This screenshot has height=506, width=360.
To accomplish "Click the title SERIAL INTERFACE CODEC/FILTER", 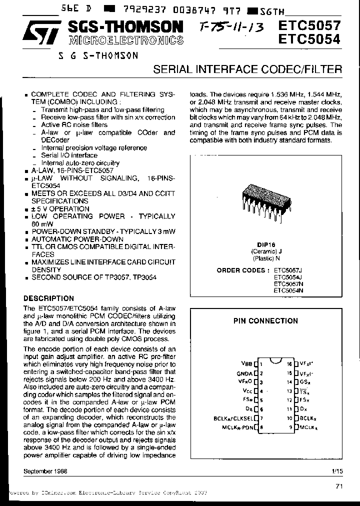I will pyautogui.click(x=247, y=69).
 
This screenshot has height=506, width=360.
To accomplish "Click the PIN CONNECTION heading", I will pyautogui.click(x=265, y=321).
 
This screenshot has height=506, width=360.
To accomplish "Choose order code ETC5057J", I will pyautogui.click(x=288, y=270).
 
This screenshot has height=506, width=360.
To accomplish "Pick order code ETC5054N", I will pyautogui.click(x=288, y=290).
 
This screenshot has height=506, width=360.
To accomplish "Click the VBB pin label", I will pyautogui.click(x=246, y=364).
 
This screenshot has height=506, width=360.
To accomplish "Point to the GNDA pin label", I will pyautogui.click(x=244, y=373).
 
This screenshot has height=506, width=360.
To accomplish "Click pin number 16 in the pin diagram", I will pyautogui.click(x=289, y=364).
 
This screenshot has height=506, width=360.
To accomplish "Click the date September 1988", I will pyautogui.click(x=45, y=471).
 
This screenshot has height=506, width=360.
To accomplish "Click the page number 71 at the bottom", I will pyautogui.click(x=338, y=485).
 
